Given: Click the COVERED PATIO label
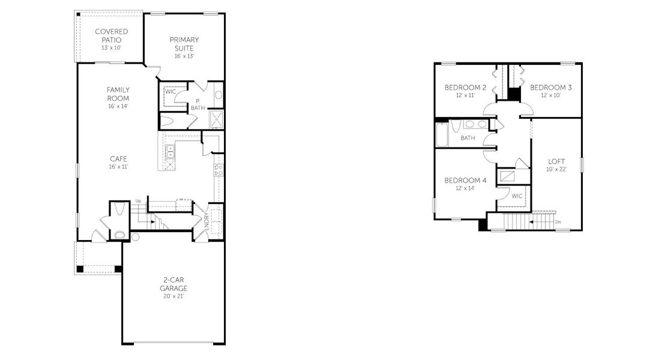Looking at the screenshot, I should (x=108, y=35).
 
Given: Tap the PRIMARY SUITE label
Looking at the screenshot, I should (x=184, y=44).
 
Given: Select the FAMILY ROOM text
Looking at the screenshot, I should (x=118, y=94).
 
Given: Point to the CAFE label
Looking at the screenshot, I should (x=118, y=158).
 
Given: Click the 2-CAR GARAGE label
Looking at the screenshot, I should (x=173, y=284).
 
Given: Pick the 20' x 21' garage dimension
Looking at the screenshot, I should (x=173, y=296).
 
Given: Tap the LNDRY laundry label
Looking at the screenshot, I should (x=206, y=221).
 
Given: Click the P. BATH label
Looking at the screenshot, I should (x=197, y=104).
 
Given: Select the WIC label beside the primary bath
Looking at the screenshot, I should (x=170, y=92).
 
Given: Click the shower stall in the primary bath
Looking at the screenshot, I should (x=216, y=120).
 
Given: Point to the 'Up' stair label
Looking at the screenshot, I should (x=138, y=201).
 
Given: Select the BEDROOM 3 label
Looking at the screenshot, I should (x=550, y=88).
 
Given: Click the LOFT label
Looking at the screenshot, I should (x=556, y=161).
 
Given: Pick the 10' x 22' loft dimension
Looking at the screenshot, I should (x=556, y=169).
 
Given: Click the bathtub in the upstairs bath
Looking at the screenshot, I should (x=441, y=135).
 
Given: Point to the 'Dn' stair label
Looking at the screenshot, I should (x=558, y=222).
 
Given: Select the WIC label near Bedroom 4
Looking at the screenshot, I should (x=517, y=196).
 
